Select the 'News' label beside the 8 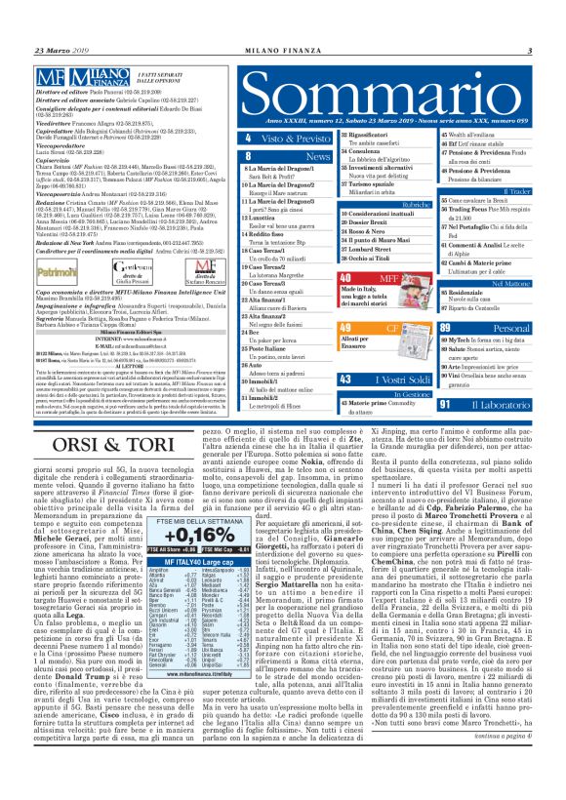pyautogui.click(x=290, y=156)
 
